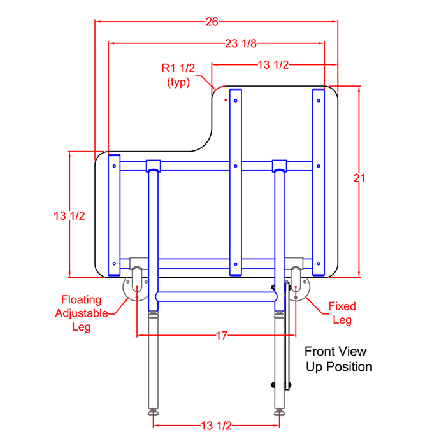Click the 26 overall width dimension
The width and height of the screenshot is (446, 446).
(x=212, y=22)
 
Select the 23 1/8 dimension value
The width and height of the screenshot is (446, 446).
(x=241, y=43)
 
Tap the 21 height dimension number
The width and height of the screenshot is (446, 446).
(x=359, y=178)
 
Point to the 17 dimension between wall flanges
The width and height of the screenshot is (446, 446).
(x=222, y=336)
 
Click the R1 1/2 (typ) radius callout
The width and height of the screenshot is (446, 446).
(x=178, y=75)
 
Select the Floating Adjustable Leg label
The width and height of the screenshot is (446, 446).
(x=82, y=313)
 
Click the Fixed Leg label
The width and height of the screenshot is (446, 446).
(x=342, y=313)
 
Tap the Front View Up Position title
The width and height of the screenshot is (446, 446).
(x=338, y=359)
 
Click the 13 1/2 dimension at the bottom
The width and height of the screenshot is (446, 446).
(x=217, y=426)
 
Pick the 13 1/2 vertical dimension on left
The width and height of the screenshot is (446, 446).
(x=69, y=216)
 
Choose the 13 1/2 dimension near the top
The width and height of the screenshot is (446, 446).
(x=273, y=65)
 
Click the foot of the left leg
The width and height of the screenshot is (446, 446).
(x=154, y=412)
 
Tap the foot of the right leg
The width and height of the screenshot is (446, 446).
(x=280, y=412)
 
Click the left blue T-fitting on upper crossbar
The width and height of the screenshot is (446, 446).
(x=154, y=166)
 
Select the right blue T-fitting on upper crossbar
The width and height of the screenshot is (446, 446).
(x=279, y=166)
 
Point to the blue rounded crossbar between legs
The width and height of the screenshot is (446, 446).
(x=216, y=297)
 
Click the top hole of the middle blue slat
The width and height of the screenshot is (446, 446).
(x=236, y=101)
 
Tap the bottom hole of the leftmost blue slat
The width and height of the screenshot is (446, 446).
(x=114, y=264)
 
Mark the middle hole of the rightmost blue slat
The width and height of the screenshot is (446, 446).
(x=319, y=166)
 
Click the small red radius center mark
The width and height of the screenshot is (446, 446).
(x=226, y=100)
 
